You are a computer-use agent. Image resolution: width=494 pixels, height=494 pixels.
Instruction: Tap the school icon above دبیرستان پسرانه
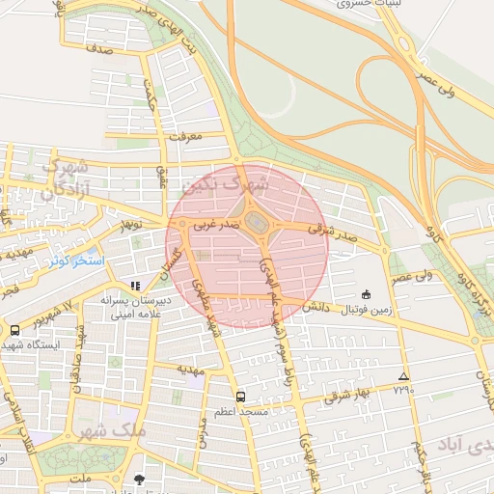(x=135, y=286)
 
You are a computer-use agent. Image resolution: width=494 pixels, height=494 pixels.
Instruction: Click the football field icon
(x=366, y=294)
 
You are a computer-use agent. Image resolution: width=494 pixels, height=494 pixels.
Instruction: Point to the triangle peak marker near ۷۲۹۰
(x=403, y=376)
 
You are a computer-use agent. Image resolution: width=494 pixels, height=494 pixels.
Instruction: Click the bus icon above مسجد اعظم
(x=240, y=396)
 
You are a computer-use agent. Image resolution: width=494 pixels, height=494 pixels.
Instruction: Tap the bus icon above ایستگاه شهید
(x=14, y=329)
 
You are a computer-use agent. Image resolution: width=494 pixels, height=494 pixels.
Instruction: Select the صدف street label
(x=97, y=45)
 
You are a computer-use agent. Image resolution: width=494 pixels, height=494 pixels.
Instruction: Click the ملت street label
(x=82, y=478)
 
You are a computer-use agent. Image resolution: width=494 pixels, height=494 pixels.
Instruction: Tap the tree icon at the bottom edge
(x=140, y=480)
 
